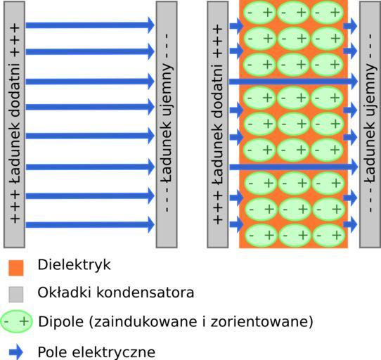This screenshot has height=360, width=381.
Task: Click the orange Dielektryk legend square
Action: tap(16, 268)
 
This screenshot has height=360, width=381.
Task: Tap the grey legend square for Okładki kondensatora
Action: tap(16, 295)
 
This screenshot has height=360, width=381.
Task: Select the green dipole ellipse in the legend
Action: tap(17, 321)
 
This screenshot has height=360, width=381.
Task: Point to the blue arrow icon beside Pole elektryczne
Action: tap(16, 352)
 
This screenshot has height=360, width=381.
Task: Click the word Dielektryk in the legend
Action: tap(74, 265)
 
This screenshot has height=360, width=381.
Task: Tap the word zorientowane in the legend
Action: tap(261, 321)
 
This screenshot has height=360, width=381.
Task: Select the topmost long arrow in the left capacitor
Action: tap(90, 25)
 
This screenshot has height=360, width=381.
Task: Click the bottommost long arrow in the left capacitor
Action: tap(90, 224)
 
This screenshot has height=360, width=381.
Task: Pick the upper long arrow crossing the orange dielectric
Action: tap(293, 81)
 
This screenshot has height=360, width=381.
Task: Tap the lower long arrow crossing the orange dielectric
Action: tap(293, 167)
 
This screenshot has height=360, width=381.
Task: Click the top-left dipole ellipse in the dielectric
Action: tap(259, 13)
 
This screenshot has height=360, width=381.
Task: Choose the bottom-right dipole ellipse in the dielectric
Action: tap(328, 236)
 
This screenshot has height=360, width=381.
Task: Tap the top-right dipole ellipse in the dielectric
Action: tap(327, 13)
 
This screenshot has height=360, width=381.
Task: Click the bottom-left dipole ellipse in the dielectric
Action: tap(261, 236)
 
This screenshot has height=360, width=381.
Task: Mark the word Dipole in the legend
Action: tap(61, 322)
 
